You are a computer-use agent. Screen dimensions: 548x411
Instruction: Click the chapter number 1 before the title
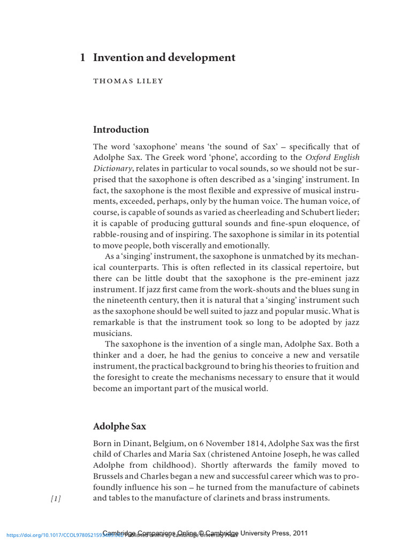click(83, 58)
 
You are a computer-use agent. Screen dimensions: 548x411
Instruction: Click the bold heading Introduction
click(121, 130)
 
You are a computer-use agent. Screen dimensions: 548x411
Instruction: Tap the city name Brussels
click(110, 476)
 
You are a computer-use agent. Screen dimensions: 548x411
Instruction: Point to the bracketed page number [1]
click(56, 499)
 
